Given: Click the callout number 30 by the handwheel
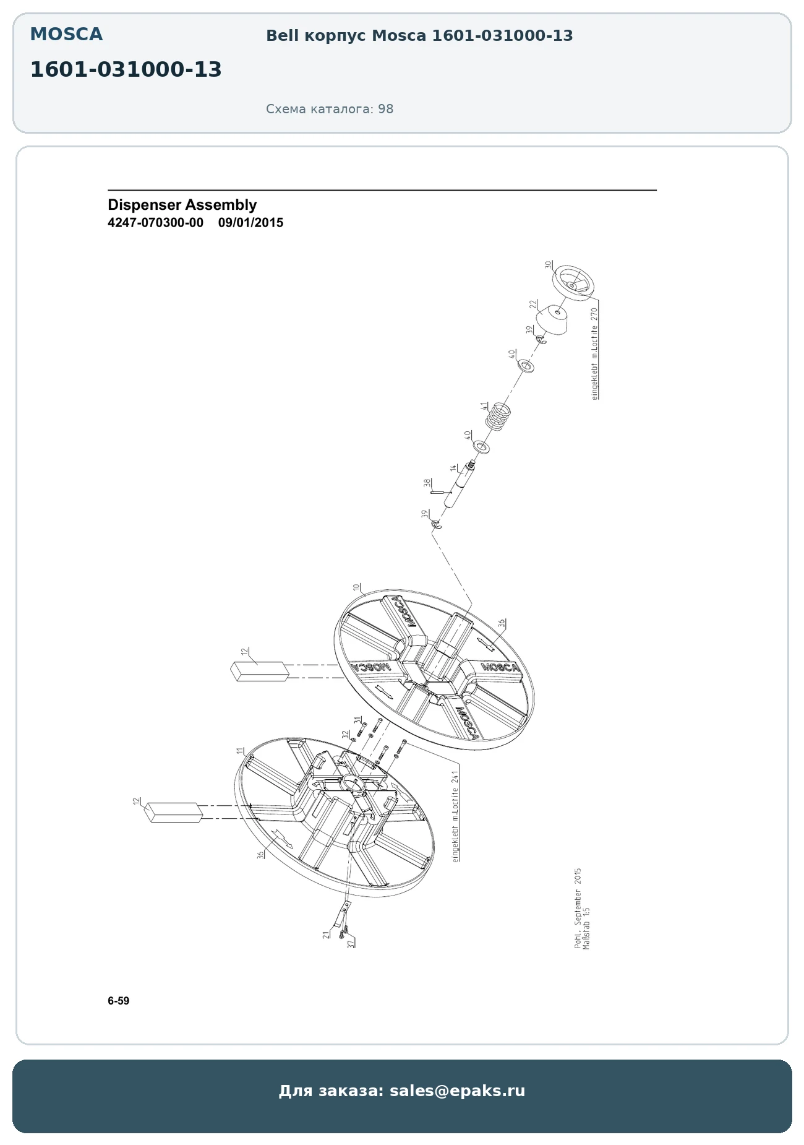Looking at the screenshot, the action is (548, 264).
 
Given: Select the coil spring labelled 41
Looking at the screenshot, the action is (498, 416).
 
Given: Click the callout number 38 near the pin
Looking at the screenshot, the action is (427, 483).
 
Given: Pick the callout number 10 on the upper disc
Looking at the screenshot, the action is (356, 587).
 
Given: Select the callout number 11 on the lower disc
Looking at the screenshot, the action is (240, 751).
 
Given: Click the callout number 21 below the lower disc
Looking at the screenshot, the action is (326, 935).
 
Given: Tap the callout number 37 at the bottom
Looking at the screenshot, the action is (351, 944).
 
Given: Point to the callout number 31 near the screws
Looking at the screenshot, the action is (357, 720).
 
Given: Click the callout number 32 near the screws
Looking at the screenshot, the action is (346, 735).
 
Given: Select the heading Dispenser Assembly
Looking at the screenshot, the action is (182, 205).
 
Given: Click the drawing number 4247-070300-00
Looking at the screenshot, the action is (155, 223).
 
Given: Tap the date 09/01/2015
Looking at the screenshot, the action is (250, 223).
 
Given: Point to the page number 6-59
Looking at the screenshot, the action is (119, 1001).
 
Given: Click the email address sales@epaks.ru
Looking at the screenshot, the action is (457, 1091).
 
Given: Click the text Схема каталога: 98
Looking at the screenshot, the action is (330, 109).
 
